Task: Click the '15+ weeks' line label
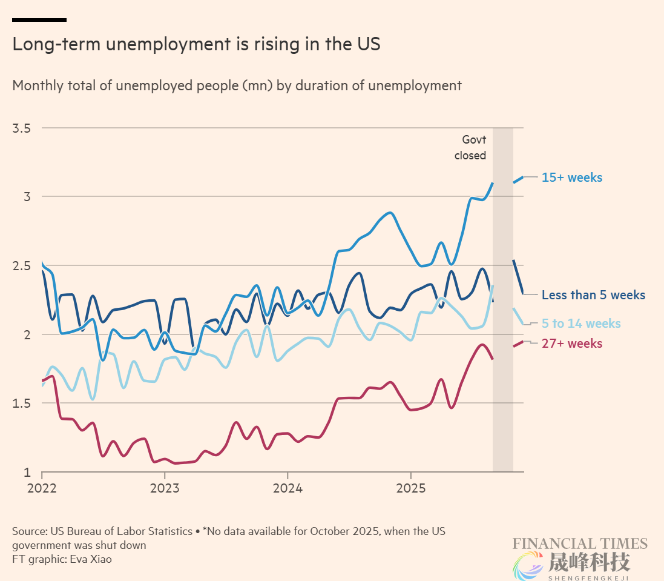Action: point(572,178)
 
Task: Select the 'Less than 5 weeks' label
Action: point(593,295)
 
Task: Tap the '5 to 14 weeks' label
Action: point(581,324)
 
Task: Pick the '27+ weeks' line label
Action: point(572,344)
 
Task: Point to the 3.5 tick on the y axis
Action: point(22,128)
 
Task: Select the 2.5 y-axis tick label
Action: point(22,266)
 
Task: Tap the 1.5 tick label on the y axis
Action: point(22,403)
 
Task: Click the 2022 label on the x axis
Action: point(42,488)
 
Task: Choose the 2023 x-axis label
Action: point(165,488)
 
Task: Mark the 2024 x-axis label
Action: point(288,488)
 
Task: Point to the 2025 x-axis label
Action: point(410,488)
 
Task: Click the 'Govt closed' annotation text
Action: point(470,148)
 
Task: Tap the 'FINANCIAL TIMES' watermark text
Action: point(580,543)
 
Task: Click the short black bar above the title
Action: point(39,20)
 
